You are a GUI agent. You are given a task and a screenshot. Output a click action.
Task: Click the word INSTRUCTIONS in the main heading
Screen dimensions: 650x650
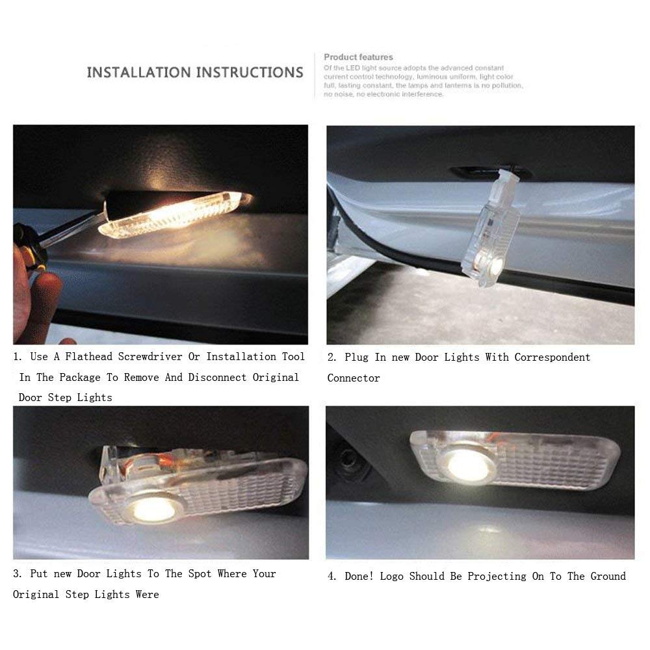(252, 72)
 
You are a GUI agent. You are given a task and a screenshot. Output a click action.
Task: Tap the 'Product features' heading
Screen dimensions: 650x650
(358, 57)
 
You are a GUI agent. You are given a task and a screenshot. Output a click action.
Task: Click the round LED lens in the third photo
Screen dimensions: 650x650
(153, 508)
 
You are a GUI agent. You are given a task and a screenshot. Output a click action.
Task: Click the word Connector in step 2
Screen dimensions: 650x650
(354, 378)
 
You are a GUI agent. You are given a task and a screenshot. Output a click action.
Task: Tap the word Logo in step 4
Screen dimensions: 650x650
(393, 577)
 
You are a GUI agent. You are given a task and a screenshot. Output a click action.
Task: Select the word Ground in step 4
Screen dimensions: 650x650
(608, 577)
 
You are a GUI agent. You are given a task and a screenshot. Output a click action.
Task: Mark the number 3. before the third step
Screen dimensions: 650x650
(18, 574)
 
